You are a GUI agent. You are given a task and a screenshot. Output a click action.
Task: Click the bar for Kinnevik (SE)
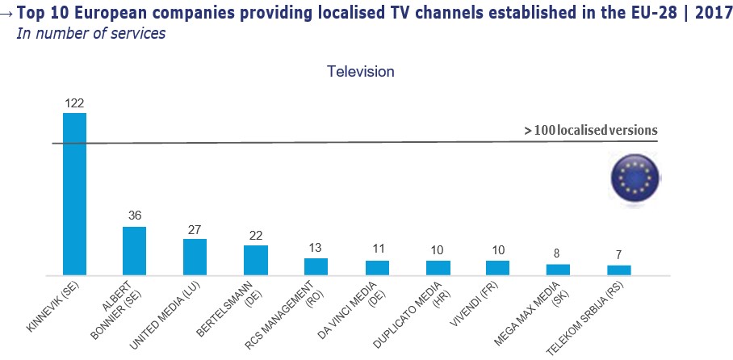(74, 194)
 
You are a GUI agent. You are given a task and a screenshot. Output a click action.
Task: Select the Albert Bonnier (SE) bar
(135, 250)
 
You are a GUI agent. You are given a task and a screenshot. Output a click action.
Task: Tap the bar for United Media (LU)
(195, 257)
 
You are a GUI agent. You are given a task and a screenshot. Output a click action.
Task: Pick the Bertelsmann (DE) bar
(256, 260)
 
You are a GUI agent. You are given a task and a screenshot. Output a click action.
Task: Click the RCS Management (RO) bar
(316, 266)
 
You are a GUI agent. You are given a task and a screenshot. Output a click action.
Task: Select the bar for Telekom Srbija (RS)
(619, 270)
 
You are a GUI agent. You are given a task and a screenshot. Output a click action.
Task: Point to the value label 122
(74, 103)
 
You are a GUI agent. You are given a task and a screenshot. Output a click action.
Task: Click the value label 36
(135, 216)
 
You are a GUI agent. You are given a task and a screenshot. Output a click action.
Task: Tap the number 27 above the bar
(195, 229)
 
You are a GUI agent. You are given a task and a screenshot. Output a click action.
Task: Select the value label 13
(316, 248)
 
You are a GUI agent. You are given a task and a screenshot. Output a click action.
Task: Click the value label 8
(559, 253)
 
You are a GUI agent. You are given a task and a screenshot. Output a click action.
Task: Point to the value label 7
(619, 255)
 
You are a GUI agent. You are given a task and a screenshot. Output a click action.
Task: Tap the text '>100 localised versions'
(590, 130)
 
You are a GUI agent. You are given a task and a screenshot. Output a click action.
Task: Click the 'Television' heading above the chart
(360, 71)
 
